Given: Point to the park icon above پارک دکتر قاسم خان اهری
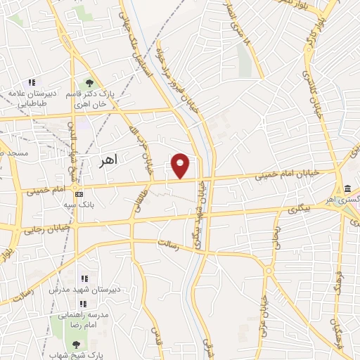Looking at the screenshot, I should tap(89, 82).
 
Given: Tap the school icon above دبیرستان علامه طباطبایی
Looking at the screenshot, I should tap(32, 82).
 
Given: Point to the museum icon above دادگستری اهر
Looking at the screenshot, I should tap(349, 188).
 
